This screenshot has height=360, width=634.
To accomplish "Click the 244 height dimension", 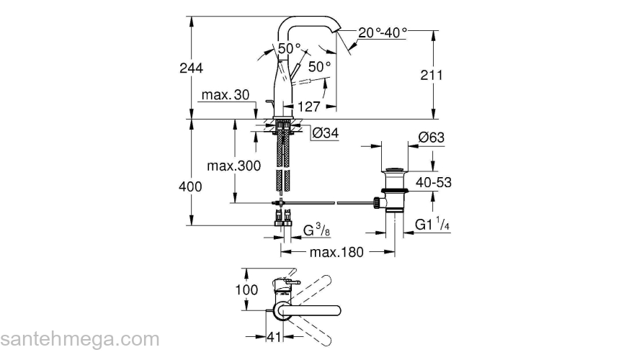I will pos(192,68).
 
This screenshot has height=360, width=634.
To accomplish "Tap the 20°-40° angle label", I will pos(383,32).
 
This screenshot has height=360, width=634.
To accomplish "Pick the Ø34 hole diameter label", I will pos(326,133).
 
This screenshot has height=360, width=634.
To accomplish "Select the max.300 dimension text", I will pos(233,166).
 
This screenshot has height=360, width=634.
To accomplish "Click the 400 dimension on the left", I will pos(191,186).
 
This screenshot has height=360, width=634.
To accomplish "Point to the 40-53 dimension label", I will pos(433,183).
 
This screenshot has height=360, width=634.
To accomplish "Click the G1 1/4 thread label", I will pos(433,225).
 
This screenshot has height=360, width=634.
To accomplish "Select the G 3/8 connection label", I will pos(317,230).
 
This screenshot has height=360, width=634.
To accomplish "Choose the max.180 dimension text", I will pos(336,252).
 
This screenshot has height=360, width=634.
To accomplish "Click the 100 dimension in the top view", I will pos(246,289).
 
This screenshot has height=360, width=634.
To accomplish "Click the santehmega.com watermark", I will pos(79,339).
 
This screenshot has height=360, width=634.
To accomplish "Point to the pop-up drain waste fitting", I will pos(393,191).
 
